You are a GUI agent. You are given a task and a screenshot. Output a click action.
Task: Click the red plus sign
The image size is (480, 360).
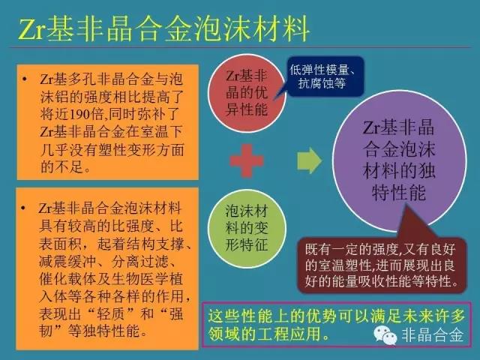247,160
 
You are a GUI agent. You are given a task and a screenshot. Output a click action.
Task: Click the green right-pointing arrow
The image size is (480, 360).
309,160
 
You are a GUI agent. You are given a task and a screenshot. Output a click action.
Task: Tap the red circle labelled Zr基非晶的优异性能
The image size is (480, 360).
247,93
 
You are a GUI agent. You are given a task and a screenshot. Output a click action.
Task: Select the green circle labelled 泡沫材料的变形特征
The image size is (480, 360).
247,228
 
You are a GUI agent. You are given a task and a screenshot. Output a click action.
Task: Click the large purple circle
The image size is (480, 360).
399,160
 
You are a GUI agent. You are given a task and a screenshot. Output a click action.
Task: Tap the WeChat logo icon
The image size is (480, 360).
385,335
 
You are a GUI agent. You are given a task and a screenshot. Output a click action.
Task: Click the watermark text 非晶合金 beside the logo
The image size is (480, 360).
432,335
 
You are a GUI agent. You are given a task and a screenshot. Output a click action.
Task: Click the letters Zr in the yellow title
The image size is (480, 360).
32,29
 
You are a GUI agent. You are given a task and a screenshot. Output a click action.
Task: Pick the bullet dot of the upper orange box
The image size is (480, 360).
25,79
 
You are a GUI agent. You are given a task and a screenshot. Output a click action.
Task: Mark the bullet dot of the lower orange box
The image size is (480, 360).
23,208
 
